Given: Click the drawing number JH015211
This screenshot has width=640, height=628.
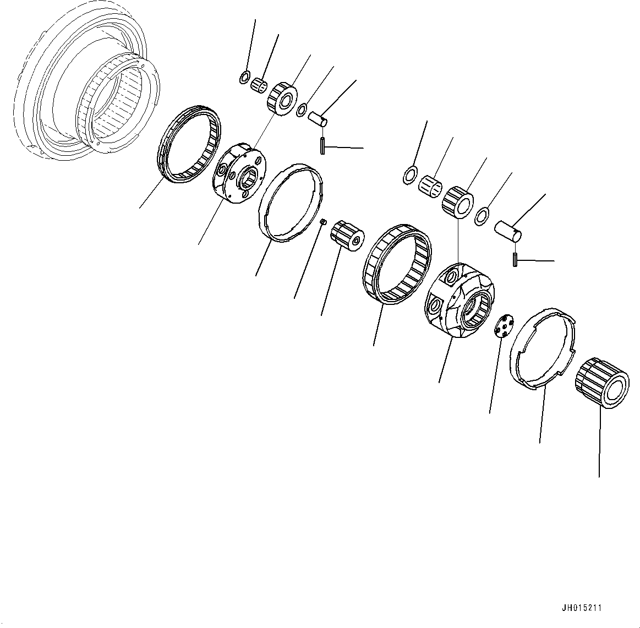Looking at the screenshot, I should (x=582, y=608).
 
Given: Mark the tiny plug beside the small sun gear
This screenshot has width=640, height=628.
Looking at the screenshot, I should (x=325, y=221).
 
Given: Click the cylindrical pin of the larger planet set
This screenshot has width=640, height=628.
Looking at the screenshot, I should (x=508, y=230).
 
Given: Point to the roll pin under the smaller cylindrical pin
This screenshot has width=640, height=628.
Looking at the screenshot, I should (x=321, y=146).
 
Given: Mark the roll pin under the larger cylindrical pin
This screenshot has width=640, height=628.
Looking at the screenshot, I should (x=515, y=259).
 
